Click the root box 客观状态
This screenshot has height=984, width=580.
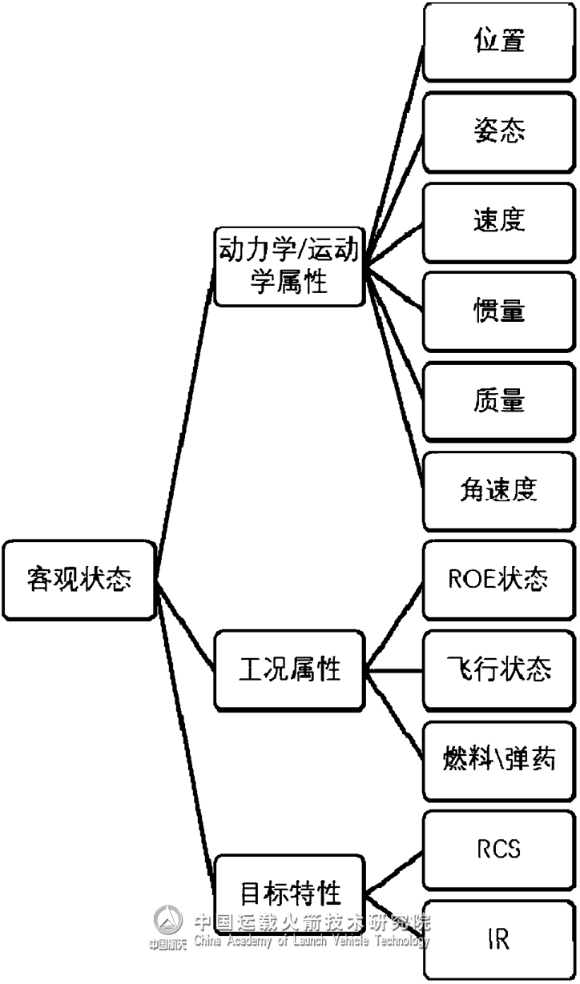[x=79, y=579]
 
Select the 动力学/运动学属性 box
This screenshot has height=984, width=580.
[x=288, y=266]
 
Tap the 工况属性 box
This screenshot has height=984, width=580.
[x=288, y=669]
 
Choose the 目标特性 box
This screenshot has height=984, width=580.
[x=288, y=891]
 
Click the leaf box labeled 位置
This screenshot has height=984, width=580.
[x=498, y=41]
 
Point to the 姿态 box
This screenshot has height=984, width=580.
[x=498, y=131]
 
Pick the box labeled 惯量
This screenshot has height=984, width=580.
[x=498, y=311]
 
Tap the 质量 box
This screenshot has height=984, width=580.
[x=498, y=400]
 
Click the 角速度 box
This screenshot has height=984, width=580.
[x=498, y=491]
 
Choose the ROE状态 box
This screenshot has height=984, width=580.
[x=498, y=580]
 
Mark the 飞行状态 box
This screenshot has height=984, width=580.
[x=498, y=669]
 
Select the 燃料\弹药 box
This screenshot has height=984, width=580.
[x=498, y=759]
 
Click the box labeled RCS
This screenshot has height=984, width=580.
[x=498, y=849]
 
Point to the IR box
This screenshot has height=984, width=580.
[x=498, y=939]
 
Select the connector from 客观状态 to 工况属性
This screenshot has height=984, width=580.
[x=186, y=628]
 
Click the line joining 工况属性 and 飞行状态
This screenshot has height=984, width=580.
[x=393, y=669]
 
